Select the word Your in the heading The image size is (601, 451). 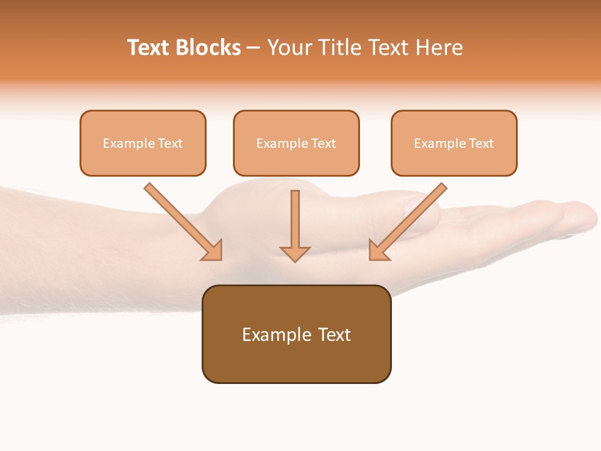click(288, 48)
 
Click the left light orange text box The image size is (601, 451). click(143, 143)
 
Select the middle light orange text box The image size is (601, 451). click(296, 143)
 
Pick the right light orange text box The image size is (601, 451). click(454, 143)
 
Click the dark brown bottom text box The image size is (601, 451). click(296, 334)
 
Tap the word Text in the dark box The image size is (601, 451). click(334, 334)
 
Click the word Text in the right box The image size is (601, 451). click(481, 143)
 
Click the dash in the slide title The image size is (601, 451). click(254, 48)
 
